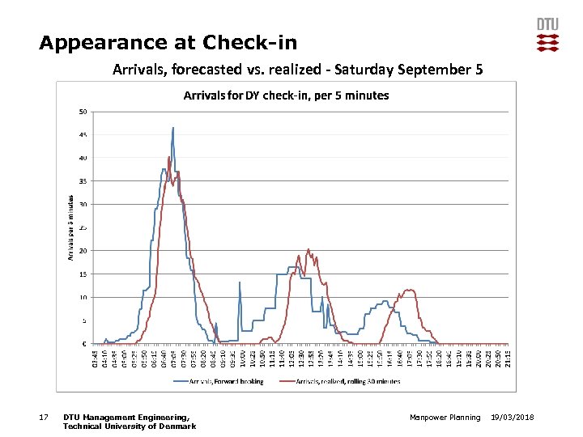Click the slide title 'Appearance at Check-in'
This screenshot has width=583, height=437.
[x=168, y=42]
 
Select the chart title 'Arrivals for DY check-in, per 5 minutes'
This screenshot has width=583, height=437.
[x=286, y=95]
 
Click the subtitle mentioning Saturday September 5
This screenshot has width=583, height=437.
[x=297, y=70]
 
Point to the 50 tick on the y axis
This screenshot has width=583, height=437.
[x=83, y=111]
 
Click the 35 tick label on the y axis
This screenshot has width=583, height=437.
[x=83, y=181]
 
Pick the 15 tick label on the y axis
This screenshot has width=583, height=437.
[x=83, y=274]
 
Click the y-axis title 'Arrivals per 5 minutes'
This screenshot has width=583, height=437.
[x=71, y=227]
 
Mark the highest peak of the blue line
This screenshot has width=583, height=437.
[x=172, y=128]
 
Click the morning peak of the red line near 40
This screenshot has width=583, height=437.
[x=168, y=158]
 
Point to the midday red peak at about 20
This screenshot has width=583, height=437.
[x=309, y=250]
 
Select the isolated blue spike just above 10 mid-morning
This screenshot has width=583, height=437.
[x=240, y=282]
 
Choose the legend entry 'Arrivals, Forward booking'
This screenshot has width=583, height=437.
[x=220, y=381]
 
